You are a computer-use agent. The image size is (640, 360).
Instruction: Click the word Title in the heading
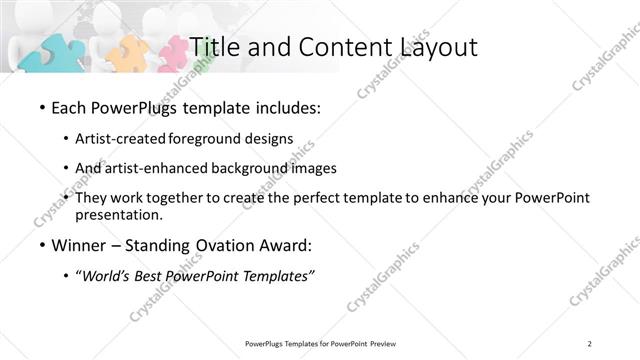click(212, 47)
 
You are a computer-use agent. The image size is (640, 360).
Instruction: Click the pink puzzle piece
click(171, 52)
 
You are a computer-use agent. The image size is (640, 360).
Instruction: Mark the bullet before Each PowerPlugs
click(41, 108)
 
